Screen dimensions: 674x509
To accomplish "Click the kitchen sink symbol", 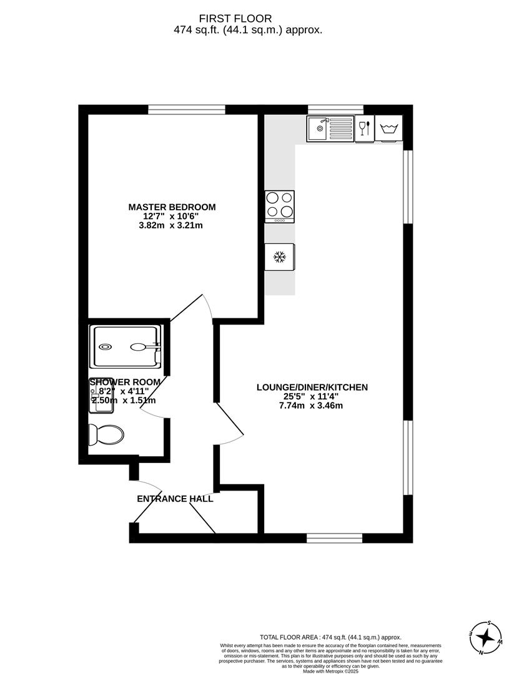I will (330, 129).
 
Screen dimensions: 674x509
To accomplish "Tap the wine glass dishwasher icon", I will (364, 129).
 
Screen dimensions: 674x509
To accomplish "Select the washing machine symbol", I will (388, 129).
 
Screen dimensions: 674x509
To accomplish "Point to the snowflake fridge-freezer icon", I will (280, 256).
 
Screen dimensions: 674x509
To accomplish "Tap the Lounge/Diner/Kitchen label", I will (312, 388).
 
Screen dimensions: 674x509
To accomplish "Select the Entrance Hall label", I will (175, 499).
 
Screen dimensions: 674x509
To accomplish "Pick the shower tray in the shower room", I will (127, 347).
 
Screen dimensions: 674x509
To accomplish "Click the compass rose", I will (485, 638).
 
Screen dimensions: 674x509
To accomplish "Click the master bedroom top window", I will (187, 110).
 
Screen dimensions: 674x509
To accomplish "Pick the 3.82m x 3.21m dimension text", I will (172, 226).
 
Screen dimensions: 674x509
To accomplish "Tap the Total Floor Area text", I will (330, 637).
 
